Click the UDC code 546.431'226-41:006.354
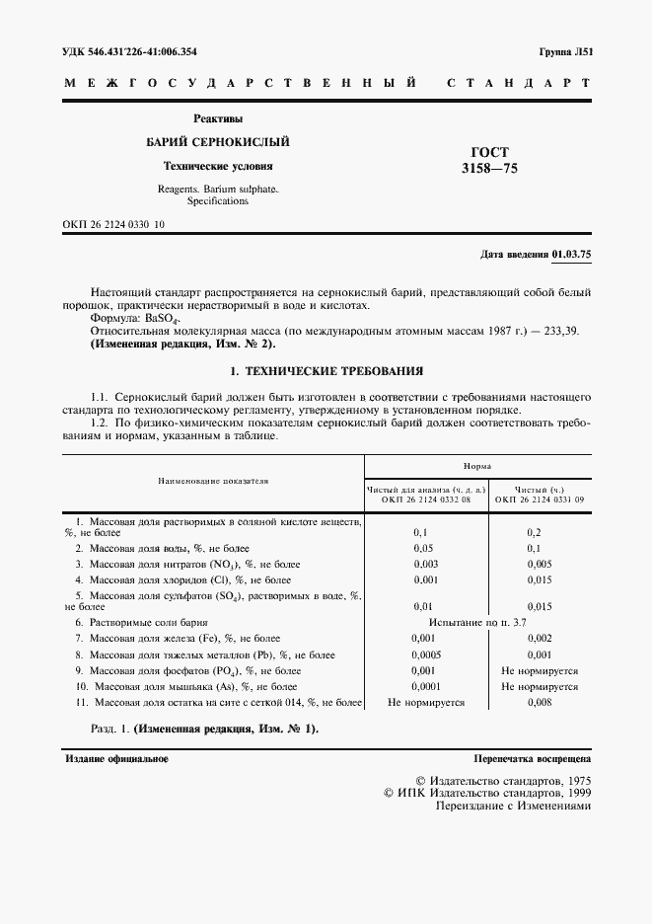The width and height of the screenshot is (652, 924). (145, 51)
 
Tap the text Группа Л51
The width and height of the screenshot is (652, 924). (564, 51)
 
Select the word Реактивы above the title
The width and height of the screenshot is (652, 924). (218, 118)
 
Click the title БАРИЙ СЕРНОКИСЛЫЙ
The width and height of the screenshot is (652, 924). (218, 142)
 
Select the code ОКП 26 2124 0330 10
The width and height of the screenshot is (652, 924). (113, 225)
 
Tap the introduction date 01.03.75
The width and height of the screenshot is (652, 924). (572, 255)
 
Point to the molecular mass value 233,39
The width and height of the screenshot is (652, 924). (562, 333)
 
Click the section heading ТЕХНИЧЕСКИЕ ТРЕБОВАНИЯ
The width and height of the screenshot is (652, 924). (333, 372)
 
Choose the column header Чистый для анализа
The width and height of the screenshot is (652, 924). (426, 489)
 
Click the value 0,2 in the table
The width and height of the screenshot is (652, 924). (534, 531)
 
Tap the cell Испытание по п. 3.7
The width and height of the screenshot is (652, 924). (478, 624)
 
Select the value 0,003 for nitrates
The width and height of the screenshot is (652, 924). (426, 563)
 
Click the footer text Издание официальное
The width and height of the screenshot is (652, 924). (116, 760)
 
